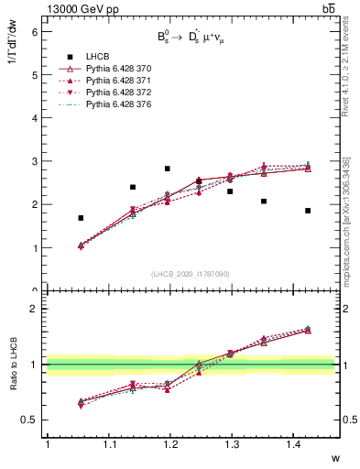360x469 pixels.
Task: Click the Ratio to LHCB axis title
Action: tap(14, 364)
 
